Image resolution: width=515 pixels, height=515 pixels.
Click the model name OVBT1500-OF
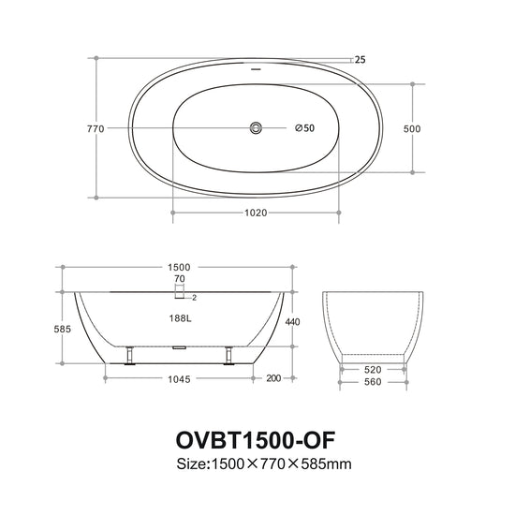(x=256, y=440)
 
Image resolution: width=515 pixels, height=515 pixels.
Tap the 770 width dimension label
(x=96, y=129)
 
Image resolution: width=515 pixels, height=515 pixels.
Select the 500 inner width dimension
(x=412, y=129)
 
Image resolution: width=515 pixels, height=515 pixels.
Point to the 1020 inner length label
(x=256, y=213)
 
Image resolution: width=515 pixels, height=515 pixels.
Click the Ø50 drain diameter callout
(x=305, y=127)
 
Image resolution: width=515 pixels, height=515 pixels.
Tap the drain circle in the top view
(x=256, y=127)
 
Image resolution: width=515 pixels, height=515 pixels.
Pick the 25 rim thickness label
(x=360, y=60)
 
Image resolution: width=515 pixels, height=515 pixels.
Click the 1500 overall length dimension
(x=179, y=268)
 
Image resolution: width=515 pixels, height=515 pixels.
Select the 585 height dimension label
(x=63, y=329)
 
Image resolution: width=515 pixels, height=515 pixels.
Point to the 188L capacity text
(x=181, y=318)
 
